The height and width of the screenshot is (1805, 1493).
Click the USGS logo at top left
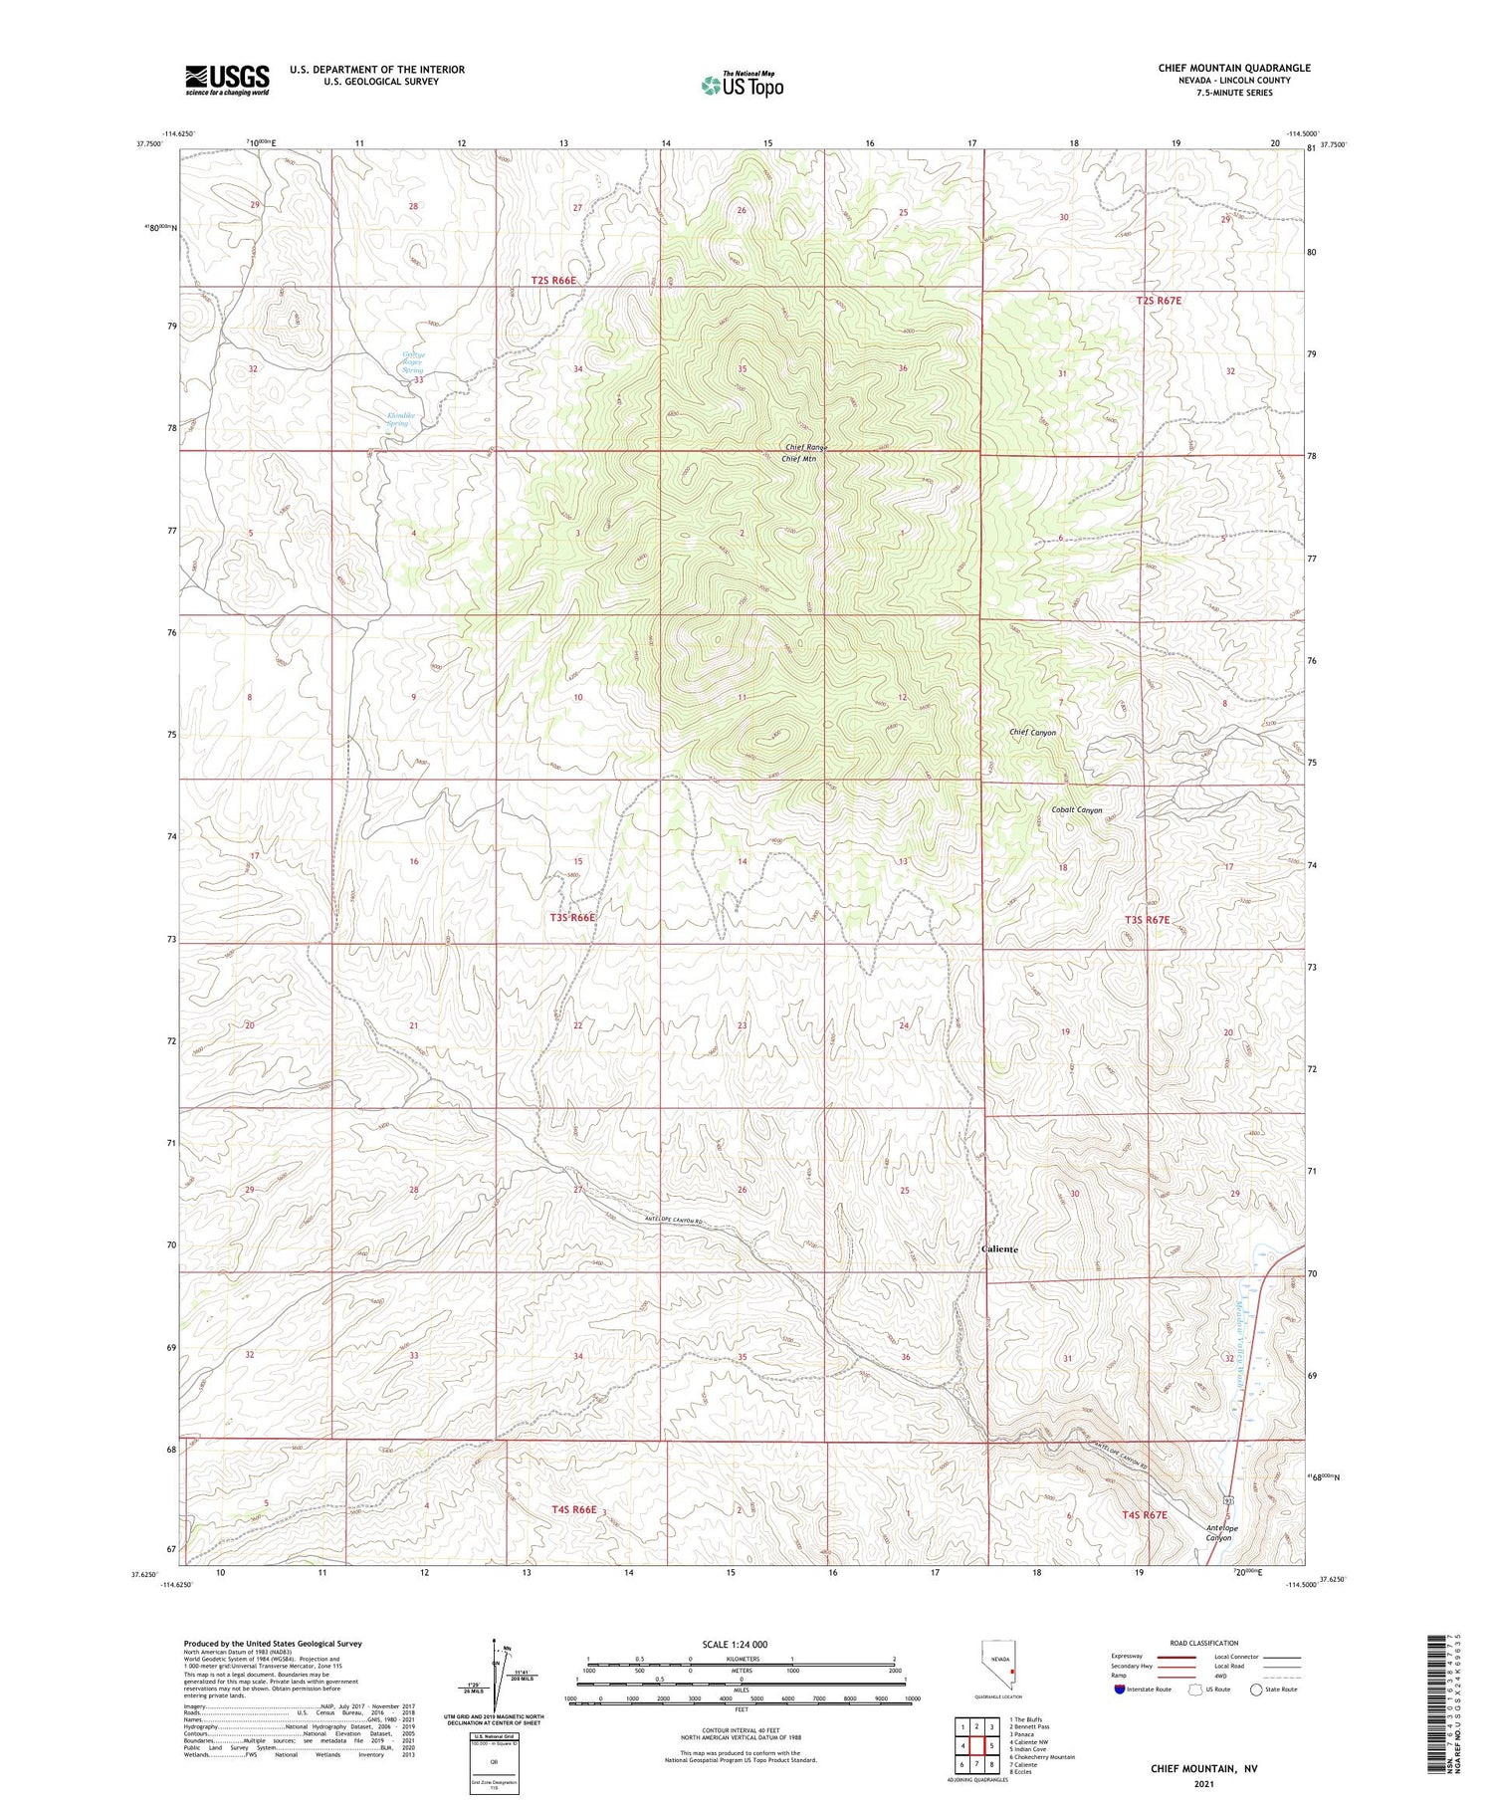click(x=227, y=80)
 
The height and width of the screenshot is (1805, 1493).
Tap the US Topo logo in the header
click(x=742, y=85)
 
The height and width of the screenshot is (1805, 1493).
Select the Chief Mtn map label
click(x=804, y=459)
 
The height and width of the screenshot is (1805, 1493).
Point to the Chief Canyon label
click(x=1032, y=733)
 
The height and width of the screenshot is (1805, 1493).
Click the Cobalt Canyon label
click(x=1077, y=810)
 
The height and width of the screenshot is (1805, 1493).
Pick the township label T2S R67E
click(x=1160, y=300)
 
